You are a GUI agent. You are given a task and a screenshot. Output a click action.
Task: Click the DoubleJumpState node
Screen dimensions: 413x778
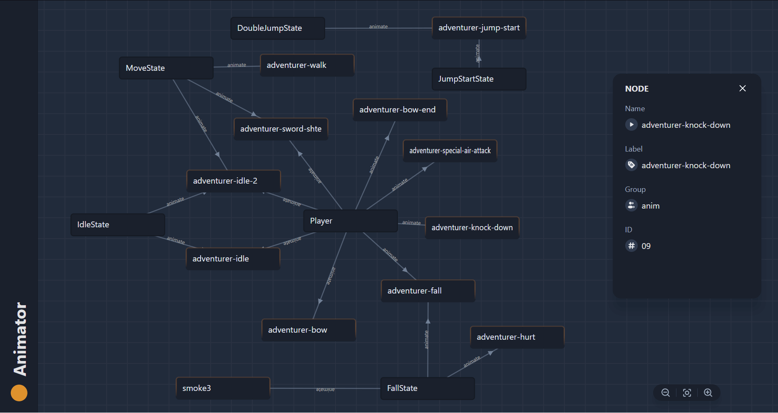(278, 28)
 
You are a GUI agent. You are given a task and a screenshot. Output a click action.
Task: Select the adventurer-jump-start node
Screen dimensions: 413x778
(479, 28)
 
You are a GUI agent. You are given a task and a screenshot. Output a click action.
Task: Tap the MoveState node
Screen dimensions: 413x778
(166, 68)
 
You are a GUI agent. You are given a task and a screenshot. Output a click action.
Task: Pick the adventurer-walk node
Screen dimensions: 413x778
(307, 65)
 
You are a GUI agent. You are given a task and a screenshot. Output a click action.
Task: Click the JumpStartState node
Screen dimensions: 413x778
(479, 79)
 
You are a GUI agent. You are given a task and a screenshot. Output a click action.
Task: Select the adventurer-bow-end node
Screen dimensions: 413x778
(400, 110)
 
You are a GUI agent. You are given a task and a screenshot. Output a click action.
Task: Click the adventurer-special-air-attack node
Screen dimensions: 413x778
(450, 151)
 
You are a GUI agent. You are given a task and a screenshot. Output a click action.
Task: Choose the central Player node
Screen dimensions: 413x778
(350, 221)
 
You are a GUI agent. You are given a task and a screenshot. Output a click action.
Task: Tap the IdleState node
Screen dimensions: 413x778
(117, 225)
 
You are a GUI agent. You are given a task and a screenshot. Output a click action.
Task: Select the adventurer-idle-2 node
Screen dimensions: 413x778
(233, 181)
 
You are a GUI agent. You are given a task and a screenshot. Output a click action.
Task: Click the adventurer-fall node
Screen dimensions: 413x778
(428, 291)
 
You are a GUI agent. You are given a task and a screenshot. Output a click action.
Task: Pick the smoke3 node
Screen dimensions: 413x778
(223, 388)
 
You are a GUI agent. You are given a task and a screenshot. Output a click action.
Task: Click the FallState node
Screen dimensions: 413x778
(428, 388)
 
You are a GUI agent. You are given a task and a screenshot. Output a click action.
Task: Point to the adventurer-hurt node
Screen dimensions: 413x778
(517, 337)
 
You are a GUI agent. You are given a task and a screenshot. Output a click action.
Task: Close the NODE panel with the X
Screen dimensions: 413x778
(742, 88)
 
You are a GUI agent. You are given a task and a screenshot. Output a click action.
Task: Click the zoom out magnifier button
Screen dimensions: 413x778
(666, 393)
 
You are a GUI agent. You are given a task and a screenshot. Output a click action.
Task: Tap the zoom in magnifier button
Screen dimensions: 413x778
(708, 393)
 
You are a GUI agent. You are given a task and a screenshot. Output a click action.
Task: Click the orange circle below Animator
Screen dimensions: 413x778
(19, 393)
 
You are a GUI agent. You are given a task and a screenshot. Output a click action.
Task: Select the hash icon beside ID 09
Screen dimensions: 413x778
(631, 246)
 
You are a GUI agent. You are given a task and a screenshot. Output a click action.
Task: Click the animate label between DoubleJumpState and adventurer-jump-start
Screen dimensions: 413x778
(378, 27)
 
